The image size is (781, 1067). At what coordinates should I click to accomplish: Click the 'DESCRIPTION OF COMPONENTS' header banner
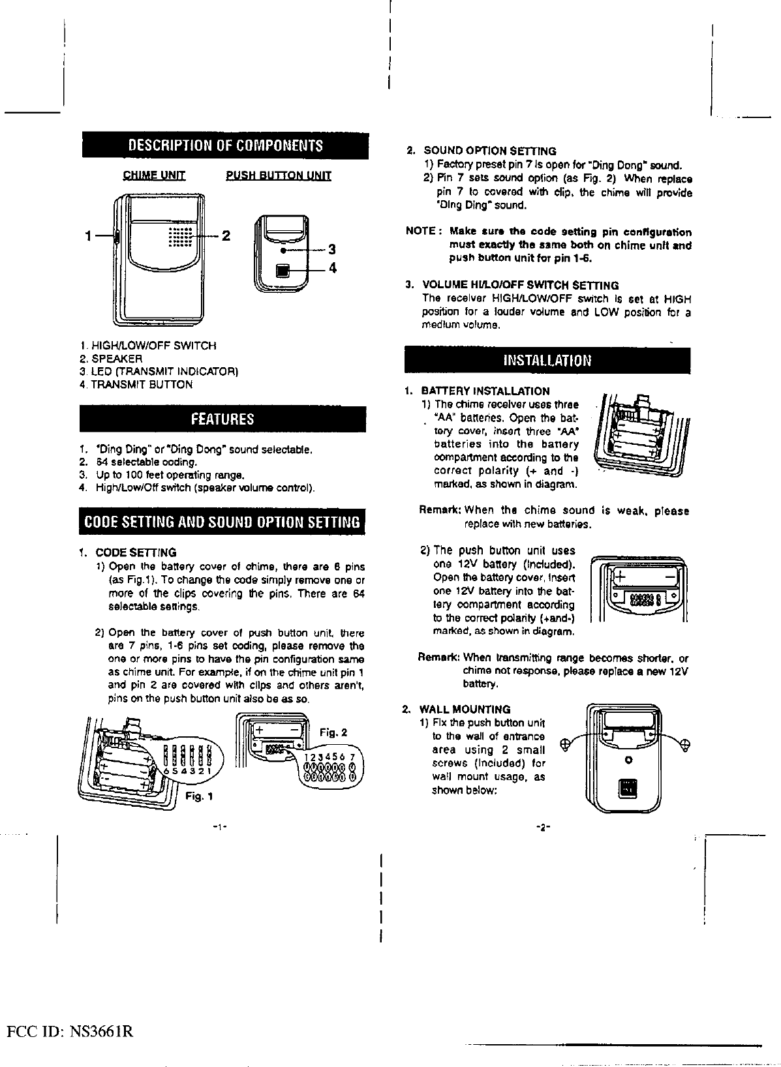pyautogui.click(x=225, y=145)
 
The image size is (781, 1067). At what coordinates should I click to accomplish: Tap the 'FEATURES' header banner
pyautogui.click(x=222, y=419)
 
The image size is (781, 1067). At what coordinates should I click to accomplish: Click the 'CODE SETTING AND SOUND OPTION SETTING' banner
pyautogui.click(x=222, y=522)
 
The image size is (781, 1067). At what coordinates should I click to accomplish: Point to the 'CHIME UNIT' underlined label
pyautogui.click(x=155, y=175)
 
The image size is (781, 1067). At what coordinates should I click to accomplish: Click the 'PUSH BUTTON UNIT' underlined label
pyautogui.click(x=279, y=175)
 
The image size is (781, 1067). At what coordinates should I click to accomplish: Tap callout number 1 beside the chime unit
pyautogui.click(x=87, y=236)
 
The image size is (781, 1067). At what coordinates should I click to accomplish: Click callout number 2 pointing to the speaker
pyautogui.click(x=226, y=235)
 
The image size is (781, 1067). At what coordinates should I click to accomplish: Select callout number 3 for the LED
pyautogui.click(x=331, y=249)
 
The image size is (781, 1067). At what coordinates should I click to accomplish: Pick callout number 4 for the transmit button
pyautogui.click(x=331, y=268)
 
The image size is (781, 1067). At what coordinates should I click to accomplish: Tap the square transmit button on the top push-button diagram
pyautogui.click(x=283, y=269)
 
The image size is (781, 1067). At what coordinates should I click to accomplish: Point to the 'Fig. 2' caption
pyautogui.click(x=333, y=732)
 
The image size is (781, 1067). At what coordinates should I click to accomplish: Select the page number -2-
pyautogui.click(x=542, y=828)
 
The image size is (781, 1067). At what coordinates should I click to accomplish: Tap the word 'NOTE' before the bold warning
pyautogui.click(x=421, y=232)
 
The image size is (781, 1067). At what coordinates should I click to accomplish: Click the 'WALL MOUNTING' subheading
pyautogui.click(x=465, y=709)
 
